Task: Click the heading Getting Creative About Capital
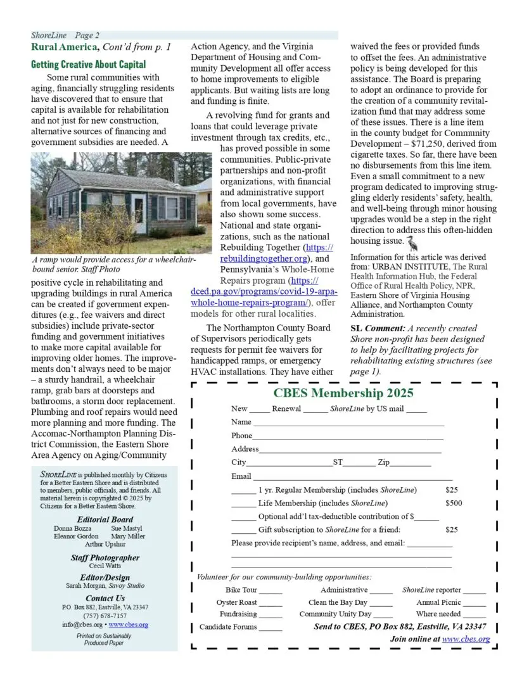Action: [x=88, y=65]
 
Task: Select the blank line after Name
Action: [x=348, y=423]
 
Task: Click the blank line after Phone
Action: [x=348, y=437]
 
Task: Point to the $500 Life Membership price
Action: [x=454, y=503]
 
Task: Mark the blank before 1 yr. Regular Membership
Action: [x=243, y=491]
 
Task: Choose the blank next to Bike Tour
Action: [x=271, y=591]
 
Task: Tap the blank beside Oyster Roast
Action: [x=271, y=604]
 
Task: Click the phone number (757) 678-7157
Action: [x=105, y=616]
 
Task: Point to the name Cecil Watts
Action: [x=105, y=566]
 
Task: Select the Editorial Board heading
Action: [x=105, y=519]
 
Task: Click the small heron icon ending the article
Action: [x=411, y=241]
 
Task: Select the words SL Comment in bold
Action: [x=377, y=328]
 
